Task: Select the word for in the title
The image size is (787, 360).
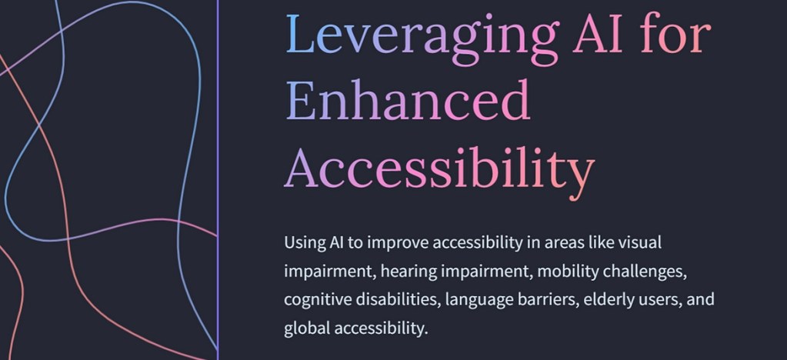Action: pyautogui.click(x=675, y=33)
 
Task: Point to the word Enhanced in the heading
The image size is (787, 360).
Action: pyautogui.click(x=409, y=99)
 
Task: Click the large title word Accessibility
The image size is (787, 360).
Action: pyautogui.click(x=440, y=169)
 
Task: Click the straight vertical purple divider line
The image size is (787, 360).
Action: pyautogui.click(x=218, y=180)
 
